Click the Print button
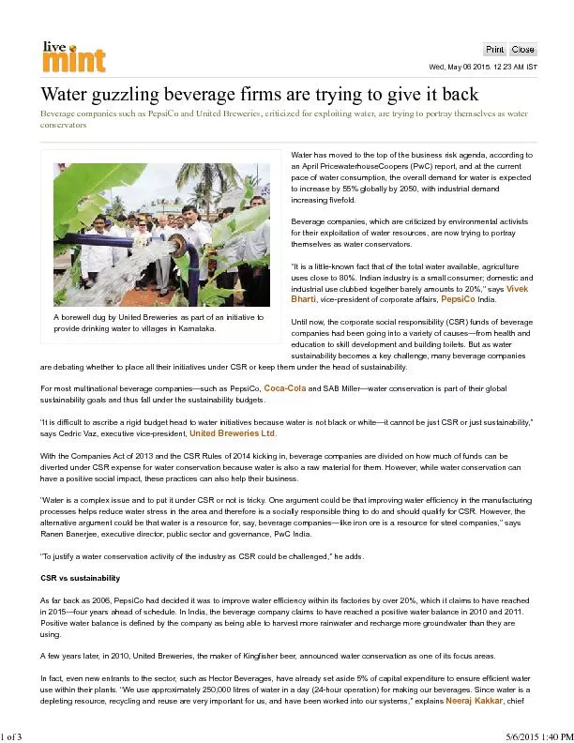coord(494,49)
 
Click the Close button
coord(522,49)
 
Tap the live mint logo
coord(73,57)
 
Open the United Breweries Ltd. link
coord(233,434)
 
